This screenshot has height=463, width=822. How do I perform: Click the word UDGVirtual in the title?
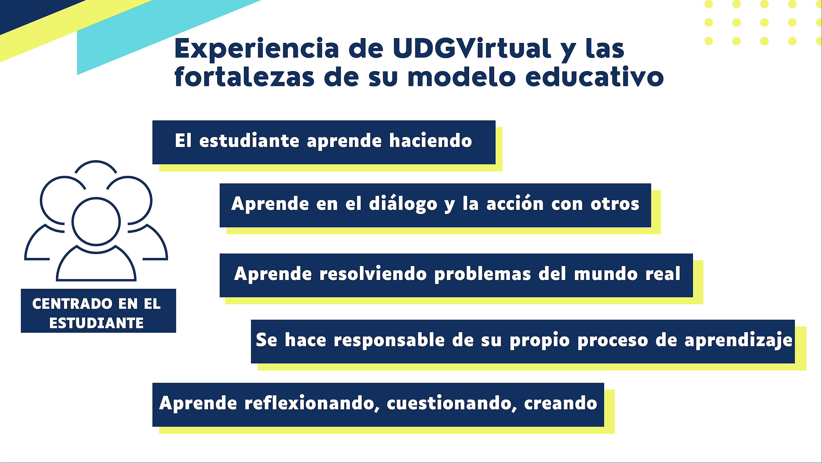(x=472, y=49)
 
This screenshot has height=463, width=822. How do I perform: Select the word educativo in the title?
(x=594, y=77)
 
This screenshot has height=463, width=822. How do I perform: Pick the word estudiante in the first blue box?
(x=249, y=140)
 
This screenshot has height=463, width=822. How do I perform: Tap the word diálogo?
(x=403, y=203)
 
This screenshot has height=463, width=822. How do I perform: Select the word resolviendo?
(x=373, y=274)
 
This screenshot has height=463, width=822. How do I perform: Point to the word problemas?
(x=483, y=274)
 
